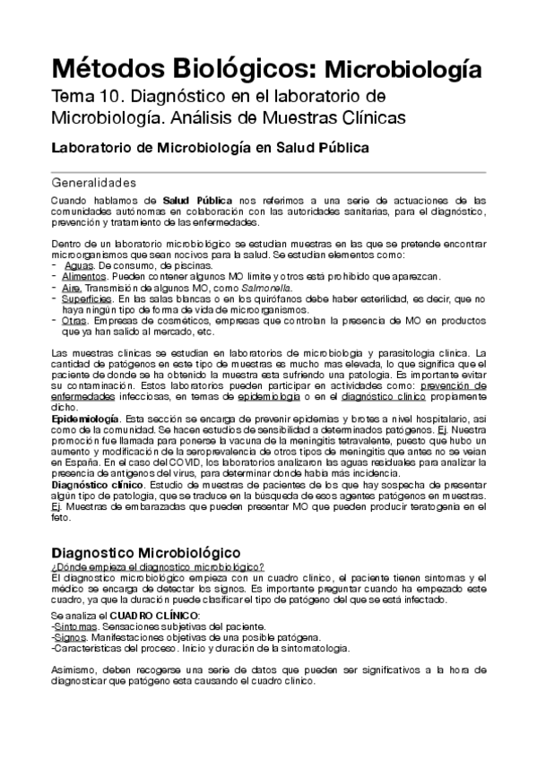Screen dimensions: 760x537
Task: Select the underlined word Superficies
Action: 88,299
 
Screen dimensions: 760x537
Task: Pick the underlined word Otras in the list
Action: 74,321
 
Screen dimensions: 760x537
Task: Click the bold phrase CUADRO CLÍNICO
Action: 154,617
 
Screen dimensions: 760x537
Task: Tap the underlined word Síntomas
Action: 76,628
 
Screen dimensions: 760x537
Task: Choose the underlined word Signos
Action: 72,638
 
